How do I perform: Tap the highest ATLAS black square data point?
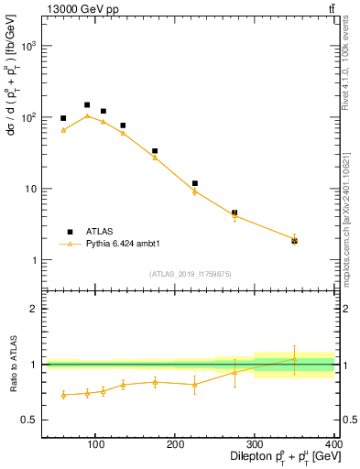[87, 105]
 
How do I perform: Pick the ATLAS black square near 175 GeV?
[155, 151]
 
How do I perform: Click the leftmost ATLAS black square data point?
[63, 118]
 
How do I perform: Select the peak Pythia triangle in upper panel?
[87, 115]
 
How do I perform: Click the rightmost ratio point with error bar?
[294, 358]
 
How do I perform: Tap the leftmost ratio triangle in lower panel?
[63, 395]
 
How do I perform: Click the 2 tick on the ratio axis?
[35, 309]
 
